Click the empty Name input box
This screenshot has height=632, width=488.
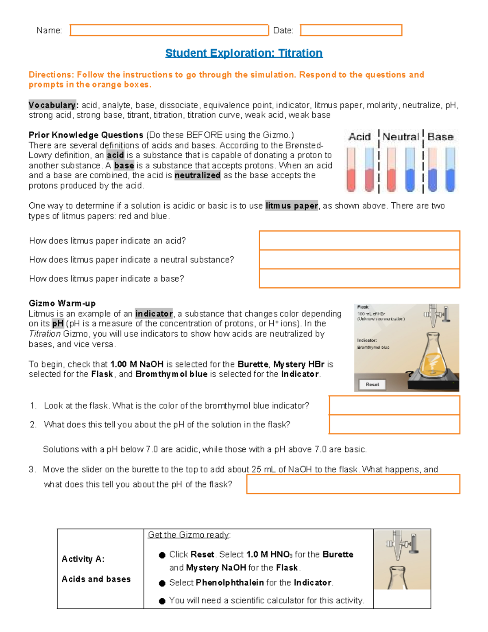pyautogui.click(x=169, y=31)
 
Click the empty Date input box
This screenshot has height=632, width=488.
pyautogui.click(x=351, y=31)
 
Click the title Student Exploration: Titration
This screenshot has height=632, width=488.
pyautogui.click(x=244, y=53)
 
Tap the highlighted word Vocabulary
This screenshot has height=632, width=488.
pyautogui.click(x=52, y=105)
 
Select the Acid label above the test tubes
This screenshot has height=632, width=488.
pyautogui.click(x=359, y=137)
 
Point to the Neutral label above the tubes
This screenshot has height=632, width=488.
pyautogui.click(x=401, y=137)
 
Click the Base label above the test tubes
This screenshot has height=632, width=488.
pyautogui.click(x=440, y=137)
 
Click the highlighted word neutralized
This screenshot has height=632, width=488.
pyautogui.click(x=197, y=175)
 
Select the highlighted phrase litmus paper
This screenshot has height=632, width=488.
pyautogui.click(x=292, y=206)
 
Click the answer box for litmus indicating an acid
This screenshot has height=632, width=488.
pyautogui.click(x=359, y=241)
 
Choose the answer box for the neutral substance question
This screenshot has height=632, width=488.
pyautogui.click(x=359, y=260)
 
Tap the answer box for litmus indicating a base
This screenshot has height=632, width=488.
pyautogui.click(x=359, y=279)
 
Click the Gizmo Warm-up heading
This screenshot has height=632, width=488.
pyautogui.click(x=62, y=304)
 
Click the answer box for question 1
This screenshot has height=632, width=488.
pyautogui.click(x=394, y=405)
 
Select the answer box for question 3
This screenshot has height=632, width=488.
pyautogui.click(x=353, y=484)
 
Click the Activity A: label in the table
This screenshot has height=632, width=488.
pyautogui.click(x=83, y=559)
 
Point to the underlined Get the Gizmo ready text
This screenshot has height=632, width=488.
pyautogui.click(x=189, y=535)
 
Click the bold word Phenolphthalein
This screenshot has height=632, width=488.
pyautogui.click(x=230, y=583)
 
